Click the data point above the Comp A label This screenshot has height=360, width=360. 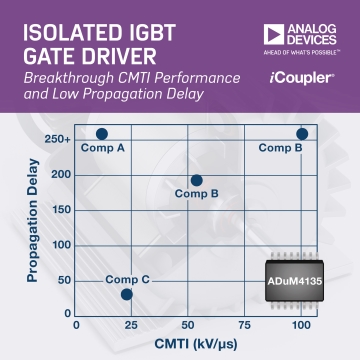(102, 134)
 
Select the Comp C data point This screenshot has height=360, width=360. (127, 294)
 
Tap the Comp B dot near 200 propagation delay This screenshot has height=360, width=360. (197, 180)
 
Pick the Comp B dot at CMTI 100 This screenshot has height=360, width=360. (302, 134)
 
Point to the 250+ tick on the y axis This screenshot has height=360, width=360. (57, 139)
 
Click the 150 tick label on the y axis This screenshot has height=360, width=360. (62, 210)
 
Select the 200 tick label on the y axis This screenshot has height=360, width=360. (62, 175)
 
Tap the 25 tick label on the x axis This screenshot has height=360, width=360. (131, 325)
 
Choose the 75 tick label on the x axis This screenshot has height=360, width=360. (244, 325)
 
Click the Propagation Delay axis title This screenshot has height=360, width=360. (33, 221)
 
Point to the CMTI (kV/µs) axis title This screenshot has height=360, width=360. (196, 344)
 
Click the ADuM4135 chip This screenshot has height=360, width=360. (294, 281)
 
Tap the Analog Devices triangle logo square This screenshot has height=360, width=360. (274, 34)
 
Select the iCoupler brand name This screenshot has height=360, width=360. (302, 79)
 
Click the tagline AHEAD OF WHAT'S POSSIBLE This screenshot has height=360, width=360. (302, 53)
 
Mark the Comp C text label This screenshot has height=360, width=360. (127, 280)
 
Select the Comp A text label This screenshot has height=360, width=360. (103, 148)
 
